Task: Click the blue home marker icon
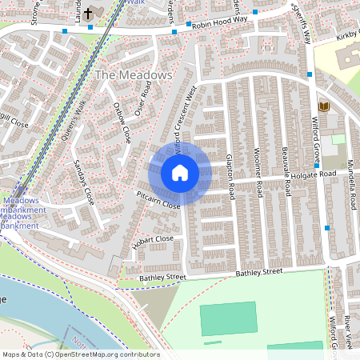(x=180, y=173)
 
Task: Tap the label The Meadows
(x=134, y=74)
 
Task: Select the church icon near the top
(x=87, y=13)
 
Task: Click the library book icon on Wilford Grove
(x=323, y=106)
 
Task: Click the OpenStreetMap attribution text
(x=81, y=354)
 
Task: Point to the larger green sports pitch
(x=229, y=318)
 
